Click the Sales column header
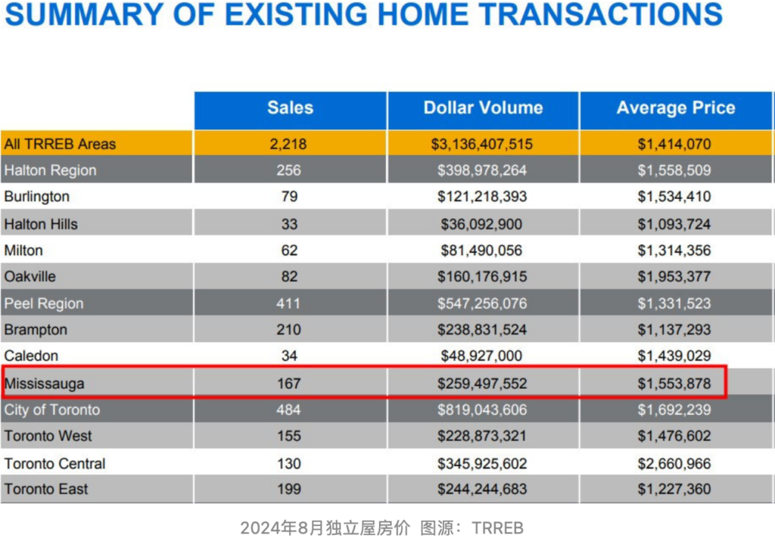(x=290, y=108)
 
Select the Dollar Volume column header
(x=483, y=108)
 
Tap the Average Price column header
(x=676, y=108)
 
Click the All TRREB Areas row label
(x=61, y=144)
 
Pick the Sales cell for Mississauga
(x=289, y=384)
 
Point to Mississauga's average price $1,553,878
(x=674, y=384)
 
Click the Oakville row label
(x=30, y=277)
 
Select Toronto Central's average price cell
(x=674, y=463)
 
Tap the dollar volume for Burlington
(x=482, y=197)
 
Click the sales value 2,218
(x=289, y=144)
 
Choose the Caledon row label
(x=31, y=356)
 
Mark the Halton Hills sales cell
(x=289, y=224)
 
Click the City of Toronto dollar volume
(x=482, y=410)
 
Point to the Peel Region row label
(x=44, y=303)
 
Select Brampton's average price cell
(x=674, y=330)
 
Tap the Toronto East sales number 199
(x=289, y=490)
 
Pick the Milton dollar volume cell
(x=482, y=250)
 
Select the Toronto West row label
(x=48, y=436)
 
